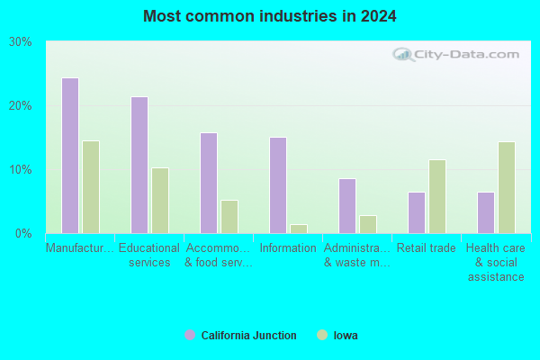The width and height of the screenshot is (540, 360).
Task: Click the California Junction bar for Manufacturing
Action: tap(70, 156)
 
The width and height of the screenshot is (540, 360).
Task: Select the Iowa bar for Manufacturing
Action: tap(91, 187)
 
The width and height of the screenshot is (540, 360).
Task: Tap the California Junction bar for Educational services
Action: tap(139, 166)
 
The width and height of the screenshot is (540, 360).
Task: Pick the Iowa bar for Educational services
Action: tap(160, 201)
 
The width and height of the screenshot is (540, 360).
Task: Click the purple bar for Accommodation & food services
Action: tap(209, 184)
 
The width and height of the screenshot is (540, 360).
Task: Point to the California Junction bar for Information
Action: tap(278, 185)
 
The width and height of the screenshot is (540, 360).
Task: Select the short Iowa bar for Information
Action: tap(299, 229)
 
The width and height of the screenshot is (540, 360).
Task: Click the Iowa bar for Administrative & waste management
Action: tap(368, 225)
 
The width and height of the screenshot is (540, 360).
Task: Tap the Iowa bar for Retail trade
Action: tap(437, 197)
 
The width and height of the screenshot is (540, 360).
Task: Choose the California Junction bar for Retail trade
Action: tap(417, 213)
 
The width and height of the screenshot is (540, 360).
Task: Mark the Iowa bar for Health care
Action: tap(507, 188)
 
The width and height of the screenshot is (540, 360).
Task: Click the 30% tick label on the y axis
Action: tap(21, 42)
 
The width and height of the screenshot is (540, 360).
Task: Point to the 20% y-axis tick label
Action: tap(21, 106)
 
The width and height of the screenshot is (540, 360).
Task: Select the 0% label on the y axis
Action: tap(23, 234)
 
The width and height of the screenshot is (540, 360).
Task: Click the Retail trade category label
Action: tap(427, 248)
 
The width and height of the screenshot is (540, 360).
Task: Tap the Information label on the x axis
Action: tap(288, 248)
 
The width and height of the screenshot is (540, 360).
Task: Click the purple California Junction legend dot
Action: tap(190, 335)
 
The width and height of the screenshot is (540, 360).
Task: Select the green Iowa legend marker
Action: tap(322, 335)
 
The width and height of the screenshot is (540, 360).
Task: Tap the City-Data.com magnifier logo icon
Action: tap(403, 54)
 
